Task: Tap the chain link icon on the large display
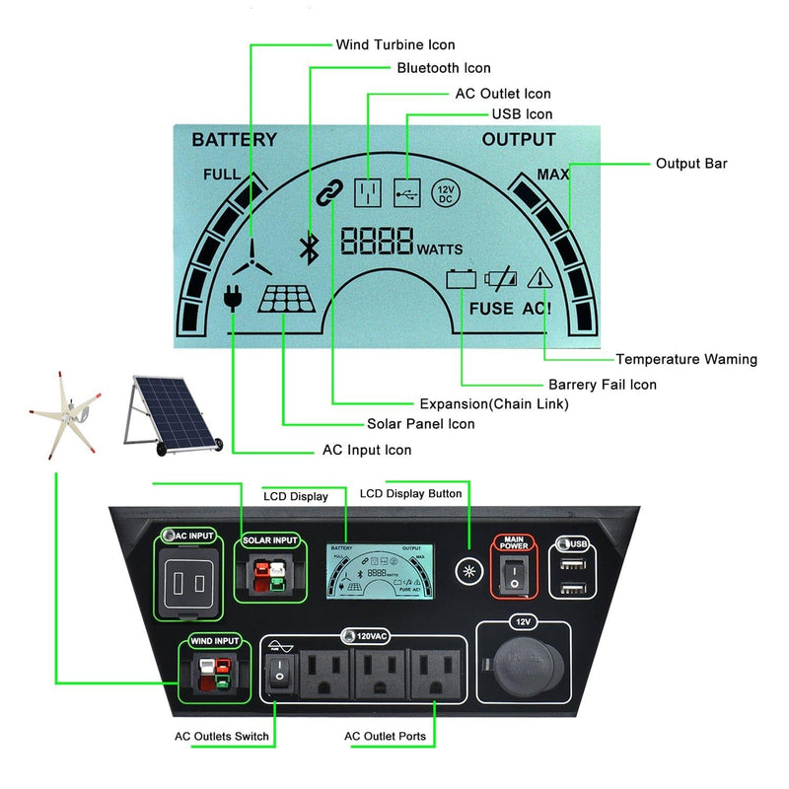(326, 192)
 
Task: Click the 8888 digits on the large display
(377, 242)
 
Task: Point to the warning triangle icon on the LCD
(538, 279)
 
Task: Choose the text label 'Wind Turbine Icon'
(395, 44)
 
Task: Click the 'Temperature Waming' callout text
(686, 359)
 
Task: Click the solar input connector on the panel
(270, 576)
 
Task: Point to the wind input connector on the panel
(214, 673)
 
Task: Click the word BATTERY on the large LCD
(234, 139)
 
